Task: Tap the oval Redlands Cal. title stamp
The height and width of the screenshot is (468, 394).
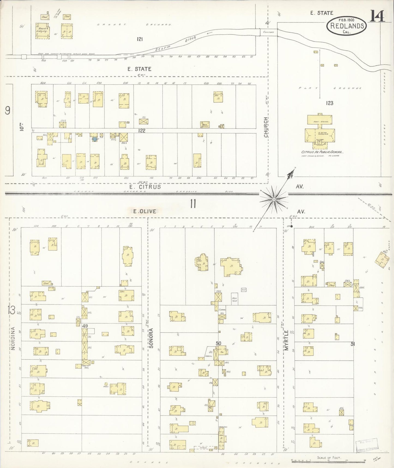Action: pos(347,26)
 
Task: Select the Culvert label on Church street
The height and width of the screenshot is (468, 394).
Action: pos(268,32)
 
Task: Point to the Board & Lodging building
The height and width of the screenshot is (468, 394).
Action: pos(43,31)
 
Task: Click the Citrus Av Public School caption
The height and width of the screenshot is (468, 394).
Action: pos(322,152)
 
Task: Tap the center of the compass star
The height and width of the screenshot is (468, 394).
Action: pos(273,200)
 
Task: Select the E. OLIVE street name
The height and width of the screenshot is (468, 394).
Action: pos(145,211)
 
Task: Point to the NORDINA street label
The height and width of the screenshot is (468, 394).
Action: pos(13,338)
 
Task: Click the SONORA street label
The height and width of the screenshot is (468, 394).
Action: pos(152,338)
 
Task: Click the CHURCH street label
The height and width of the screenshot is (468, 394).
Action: pos(266,127)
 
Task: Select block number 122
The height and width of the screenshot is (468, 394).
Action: pos(142,131)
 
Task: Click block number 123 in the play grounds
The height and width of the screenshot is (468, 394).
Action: pos(329,103)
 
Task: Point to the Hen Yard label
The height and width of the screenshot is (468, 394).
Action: pos(234,299)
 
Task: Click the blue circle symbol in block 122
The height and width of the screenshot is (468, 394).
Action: pos(95,139)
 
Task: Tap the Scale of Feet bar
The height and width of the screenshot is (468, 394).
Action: pos(328,460)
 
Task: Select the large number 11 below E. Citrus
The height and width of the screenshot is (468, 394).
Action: pos(193,204)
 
